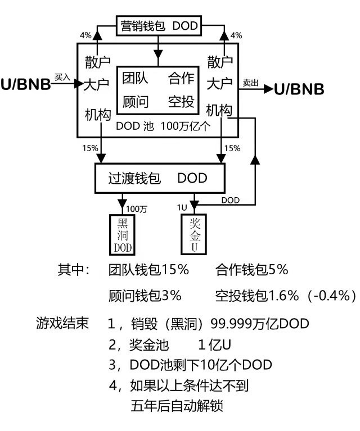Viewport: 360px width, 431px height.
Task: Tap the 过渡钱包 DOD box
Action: (x=158, y=179)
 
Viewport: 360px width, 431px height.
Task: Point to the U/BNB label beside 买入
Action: (x=25, y=85)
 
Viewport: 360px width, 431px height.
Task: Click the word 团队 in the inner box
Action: (x=135, y=79)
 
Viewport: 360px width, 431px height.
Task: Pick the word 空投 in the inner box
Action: (x=181, y=102)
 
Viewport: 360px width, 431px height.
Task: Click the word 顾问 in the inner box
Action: (x=135, y=102)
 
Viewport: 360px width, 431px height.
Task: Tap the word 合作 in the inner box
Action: (x=181, y=79)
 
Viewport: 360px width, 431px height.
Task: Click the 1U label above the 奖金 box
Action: (x=182, y=207)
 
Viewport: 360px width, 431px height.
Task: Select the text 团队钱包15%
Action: (x=148, y=270)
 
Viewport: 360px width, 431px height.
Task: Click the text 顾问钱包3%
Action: (x=145, y=295)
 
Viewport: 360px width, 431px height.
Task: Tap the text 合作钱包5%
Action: (x=251, y=270)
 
